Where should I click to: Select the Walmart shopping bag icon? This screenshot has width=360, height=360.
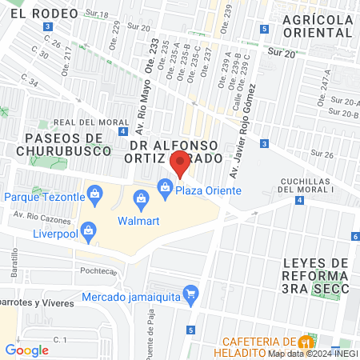[x=141, y=197]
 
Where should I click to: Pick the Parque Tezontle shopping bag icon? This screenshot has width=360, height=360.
[x=95, y=193]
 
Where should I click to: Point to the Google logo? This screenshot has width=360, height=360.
[x=27, y=350]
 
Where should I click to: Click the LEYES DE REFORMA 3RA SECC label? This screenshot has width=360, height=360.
[x=317, y=276]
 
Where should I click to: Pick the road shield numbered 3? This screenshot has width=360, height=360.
[x=50, y=26]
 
